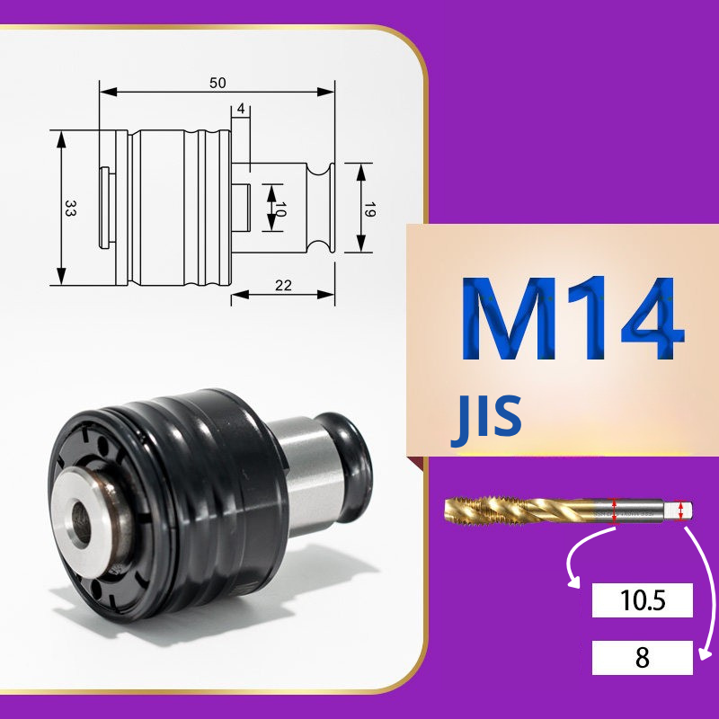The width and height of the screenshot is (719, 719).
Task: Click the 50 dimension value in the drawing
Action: [217, 83]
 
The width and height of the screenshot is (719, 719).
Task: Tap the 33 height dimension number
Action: [70, 208]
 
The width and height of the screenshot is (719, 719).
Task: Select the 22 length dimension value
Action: [283, 286]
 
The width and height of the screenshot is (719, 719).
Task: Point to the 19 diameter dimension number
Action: [369, 209]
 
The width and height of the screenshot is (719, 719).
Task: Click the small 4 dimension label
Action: [241, 109]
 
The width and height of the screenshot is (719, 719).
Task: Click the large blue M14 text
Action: [573, 318]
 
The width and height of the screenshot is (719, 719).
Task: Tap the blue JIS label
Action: [486, 420]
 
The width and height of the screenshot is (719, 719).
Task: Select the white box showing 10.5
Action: [642, 599]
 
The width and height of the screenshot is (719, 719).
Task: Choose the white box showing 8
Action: [642, 658]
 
